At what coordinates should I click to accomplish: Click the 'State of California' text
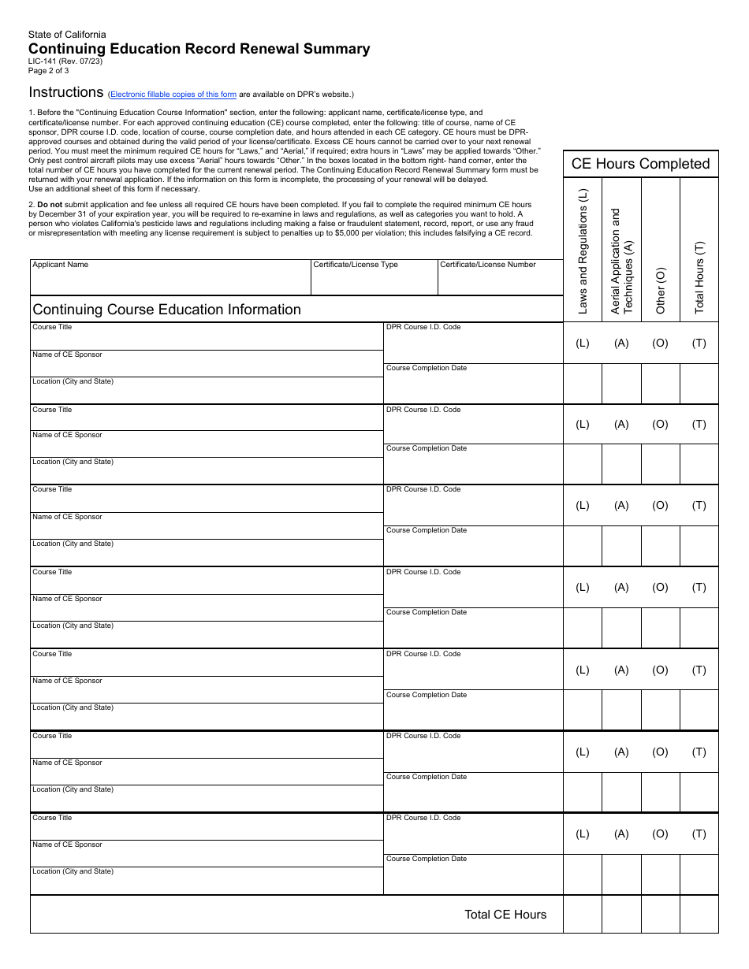[67, 35]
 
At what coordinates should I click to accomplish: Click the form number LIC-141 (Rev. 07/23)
[65, 61]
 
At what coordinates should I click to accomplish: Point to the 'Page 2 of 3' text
[49, 70]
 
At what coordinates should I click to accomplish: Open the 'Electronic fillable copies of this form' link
[173, 95]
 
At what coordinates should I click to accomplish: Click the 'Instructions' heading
[66, 92]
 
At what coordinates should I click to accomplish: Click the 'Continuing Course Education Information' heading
[166, 310]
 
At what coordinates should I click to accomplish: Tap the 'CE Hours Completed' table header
[640, 164]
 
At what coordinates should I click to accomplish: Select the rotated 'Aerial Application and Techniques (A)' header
[622, 262]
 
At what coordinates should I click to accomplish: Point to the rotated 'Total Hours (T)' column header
[699, 277]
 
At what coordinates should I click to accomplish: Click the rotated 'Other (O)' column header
[661, 290]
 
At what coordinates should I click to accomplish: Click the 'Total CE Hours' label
[505, 915]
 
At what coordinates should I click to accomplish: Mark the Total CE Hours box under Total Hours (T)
[699, 915]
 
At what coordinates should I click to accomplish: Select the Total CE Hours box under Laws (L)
[583, 915]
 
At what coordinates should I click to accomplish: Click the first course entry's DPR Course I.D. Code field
[473, 345]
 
